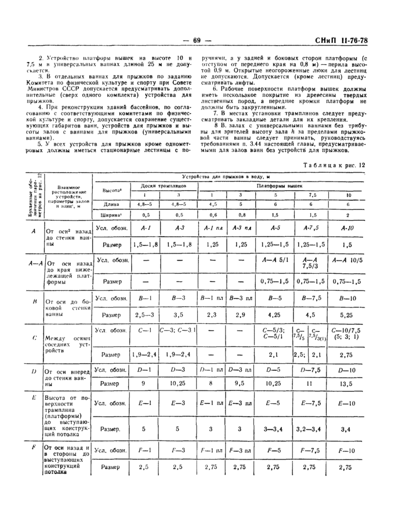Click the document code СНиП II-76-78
click(357, 40)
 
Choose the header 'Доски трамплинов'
click(159, 185)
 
